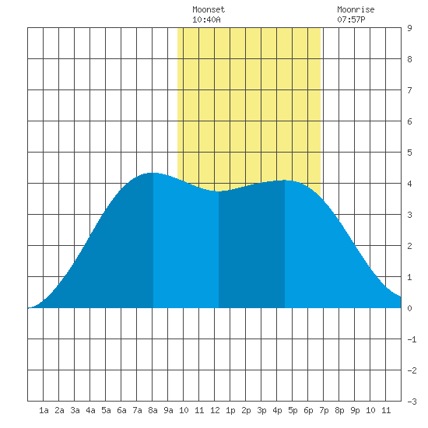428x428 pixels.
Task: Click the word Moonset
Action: click(x=209, y=9)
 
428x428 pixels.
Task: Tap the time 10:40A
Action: click(x=206, y=19)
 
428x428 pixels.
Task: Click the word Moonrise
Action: click(x=356, y=9)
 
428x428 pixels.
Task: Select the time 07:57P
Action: click(x=351, y=19)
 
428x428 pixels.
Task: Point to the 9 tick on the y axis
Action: click(x=409, y=28)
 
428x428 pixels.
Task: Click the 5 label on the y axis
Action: click(x=409, y=153)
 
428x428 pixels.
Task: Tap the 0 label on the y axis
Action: click(x=409, y=308)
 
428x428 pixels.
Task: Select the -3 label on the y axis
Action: click(x=412, y=402)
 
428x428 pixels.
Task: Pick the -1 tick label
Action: click(x=412, y=339)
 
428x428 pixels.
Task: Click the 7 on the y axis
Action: click(x=409, y=90)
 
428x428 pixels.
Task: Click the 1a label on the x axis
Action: click(x=44, y=410)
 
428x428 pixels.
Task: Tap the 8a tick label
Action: click(x=153, y=410)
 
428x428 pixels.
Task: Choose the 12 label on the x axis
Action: click(x=215, y=410)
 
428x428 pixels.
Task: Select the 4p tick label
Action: click(x=277, y=410)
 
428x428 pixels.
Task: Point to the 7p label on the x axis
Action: click(x=324, y=410)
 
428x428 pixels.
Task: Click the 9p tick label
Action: click(x=355, y=410)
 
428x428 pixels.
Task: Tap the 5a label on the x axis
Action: click(x=106, y=410)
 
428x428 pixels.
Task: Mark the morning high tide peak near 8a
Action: click(x=153, y=173)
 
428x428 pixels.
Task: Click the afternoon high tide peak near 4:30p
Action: click(x=285, y=181)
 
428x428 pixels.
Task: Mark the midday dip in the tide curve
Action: click(x=219, y=191)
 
